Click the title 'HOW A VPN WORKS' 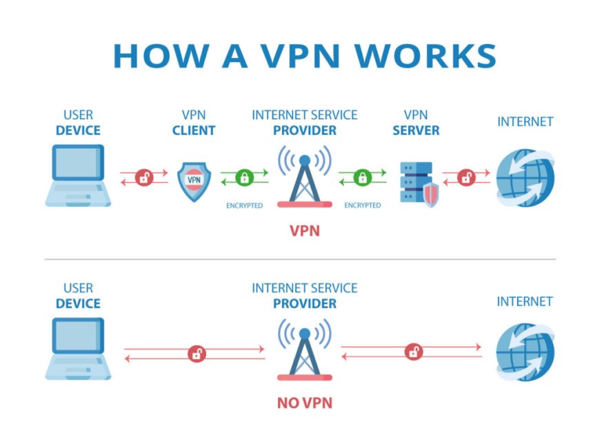point(304,56)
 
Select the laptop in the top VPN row point(77,176)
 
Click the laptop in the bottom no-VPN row point(77,348)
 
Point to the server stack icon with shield point(418,183)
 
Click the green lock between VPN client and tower point(245,178)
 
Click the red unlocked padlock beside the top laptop point(144,177)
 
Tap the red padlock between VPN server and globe point(466,177)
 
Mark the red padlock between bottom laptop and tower point(197,354)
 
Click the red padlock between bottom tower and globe point(414,351)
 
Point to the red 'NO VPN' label point(304,402)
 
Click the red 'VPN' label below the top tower point(304,230)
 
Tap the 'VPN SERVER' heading point(416,123)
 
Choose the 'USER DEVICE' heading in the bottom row point(78,296)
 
